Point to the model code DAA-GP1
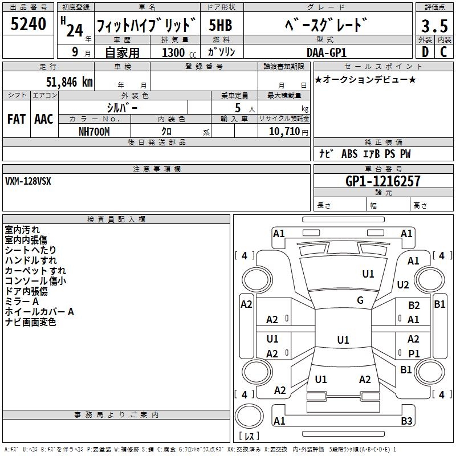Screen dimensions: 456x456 [324, 52]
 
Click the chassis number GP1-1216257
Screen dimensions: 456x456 [382, 181]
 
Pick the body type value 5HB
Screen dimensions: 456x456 [220, 25]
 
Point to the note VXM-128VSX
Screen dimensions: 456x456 [28, 181]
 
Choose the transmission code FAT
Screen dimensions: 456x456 [16, 119]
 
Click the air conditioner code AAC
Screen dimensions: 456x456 [44, 119]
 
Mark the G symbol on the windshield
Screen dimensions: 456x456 [360, 300]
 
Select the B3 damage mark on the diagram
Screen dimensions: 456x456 [406, 421]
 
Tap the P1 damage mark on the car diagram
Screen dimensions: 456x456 [414, 353]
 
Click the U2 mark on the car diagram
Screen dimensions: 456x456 [403, 285]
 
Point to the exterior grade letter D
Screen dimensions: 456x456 [425, 52]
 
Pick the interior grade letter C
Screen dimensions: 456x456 [443, 52]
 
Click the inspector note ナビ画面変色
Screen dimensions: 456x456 [30, 322]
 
